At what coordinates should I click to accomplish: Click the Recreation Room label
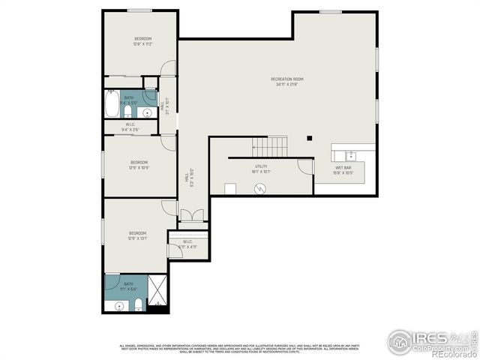click(286, 81)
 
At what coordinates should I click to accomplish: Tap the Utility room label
click(261, 169)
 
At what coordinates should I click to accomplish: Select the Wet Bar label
click(344, 170)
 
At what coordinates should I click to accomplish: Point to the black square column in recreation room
click(309, 138)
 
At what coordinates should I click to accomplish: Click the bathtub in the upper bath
click(112, 104)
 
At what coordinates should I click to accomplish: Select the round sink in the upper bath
click(147, 112)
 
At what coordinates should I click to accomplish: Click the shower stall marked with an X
click(157, 291)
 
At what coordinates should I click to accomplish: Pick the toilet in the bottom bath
click(139, 304)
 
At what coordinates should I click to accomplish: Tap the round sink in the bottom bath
click(119, 306)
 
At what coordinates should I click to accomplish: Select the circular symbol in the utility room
click(260, 188)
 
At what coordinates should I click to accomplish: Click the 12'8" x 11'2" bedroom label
click(142, 41)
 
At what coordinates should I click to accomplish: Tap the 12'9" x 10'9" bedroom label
click(139, 165)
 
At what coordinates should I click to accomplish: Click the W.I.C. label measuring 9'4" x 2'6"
click(130, 127)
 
